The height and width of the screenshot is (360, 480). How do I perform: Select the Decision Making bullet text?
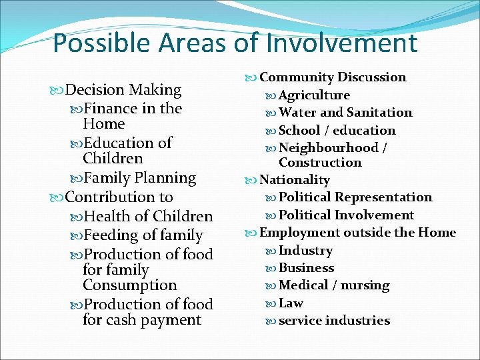[124, 90]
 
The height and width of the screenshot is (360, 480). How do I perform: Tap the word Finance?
[111, 108]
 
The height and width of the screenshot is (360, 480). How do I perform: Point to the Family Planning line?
[141, 178]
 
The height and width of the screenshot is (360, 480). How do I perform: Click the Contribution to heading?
[119, 197]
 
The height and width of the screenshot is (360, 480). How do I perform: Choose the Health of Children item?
[149, 217]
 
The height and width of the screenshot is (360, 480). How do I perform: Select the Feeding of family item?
[144, 235]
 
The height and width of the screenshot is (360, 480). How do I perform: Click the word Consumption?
[130, 285]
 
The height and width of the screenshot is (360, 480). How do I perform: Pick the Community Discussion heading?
[332, 77]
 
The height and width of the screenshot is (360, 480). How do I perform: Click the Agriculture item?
[314, 95]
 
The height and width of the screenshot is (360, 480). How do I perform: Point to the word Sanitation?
[379, 113]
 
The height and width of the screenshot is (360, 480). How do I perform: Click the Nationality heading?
[294, 180]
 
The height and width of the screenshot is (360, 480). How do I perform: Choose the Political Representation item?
[355, 197]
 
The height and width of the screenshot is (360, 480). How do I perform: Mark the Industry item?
[305, 251]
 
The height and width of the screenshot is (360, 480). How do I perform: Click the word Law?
[291, 303]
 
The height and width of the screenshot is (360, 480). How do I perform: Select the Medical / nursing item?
[334, 285]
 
